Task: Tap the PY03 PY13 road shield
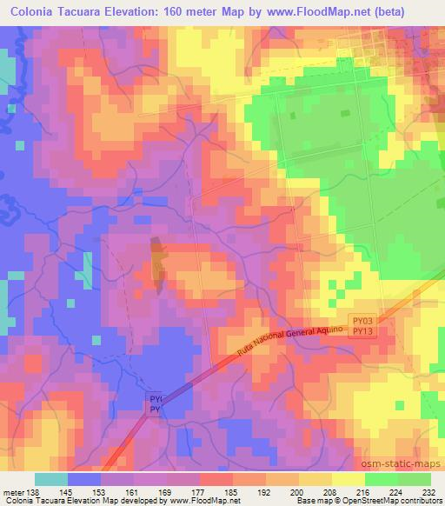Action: tap(363, 326)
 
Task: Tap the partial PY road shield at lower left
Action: tap(153, 403)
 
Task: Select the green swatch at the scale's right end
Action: tap(414, 479)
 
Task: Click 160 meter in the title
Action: tap(198, 13)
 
